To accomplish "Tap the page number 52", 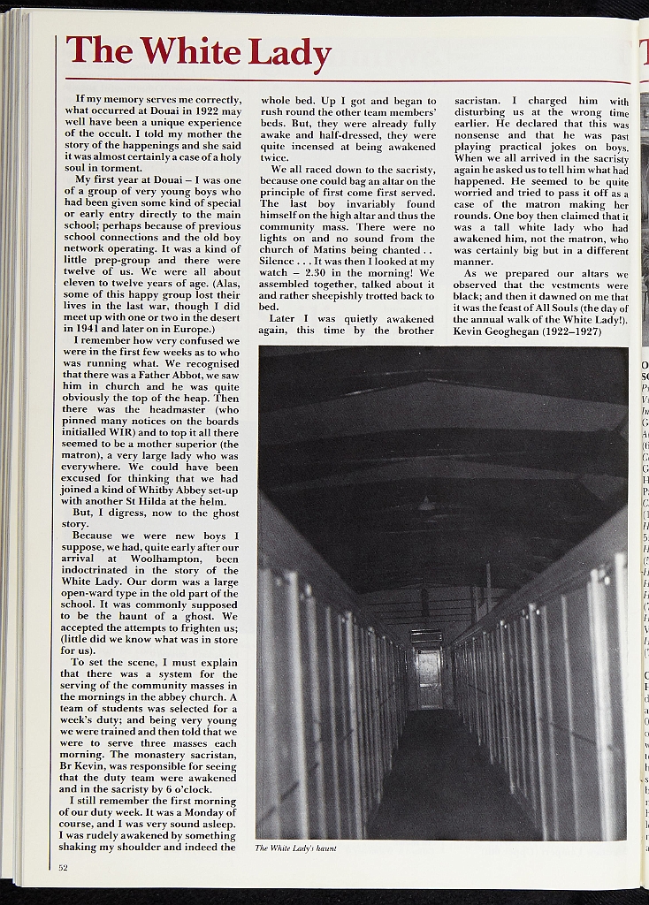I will [x=64, y=867].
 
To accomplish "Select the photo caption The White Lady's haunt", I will [x=295, y=848].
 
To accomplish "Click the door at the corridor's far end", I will [x=429, y=678].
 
